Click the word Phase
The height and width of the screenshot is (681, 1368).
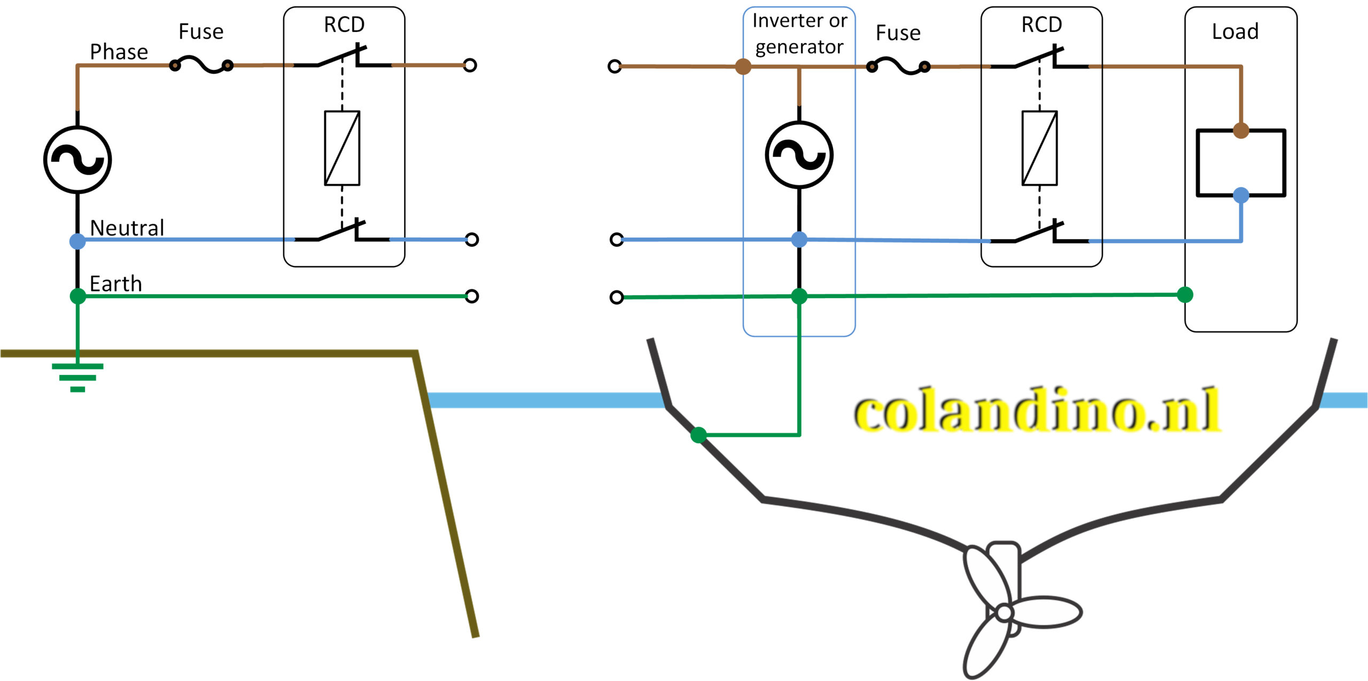pos(119,52)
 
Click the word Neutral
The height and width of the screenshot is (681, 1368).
pos(127,228)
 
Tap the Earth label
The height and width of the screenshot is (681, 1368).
pos(115,284)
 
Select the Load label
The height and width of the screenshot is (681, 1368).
pos(1235,32)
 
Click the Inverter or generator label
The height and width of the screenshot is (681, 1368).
pos(799,34)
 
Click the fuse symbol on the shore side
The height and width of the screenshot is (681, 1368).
pos(201,66)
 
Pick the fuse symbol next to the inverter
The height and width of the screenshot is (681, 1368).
pos(898,67)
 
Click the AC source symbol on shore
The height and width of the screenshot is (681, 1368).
pos(77,160)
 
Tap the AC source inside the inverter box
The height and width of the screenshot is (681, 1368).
pos(799,155)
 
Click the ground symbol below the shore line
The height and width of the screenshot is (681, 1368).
pos(77,377)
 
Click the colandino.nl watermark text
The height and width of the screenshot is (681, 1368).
pos(1037,410)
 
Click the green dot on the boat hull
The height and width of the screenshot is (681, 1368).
pos(698,435)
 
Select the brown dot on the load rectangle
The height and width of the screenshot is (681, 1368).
pos(1241,130)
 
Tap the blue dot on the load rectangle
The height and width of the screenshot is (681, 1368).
pos(1241,195)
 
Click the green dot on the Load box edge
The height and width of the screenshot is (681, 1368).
pos(1185,294)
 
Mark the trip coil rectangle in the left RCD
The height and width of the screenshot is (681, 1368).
pos(342,148)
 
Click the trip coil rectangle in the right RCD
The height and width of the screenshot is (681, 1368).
pos(1039,148)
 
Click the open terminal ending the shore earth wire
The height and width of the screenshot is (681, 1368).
pos(471,296)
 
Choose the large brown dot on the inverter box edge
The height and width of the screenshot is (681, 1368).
pos(743,67)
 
